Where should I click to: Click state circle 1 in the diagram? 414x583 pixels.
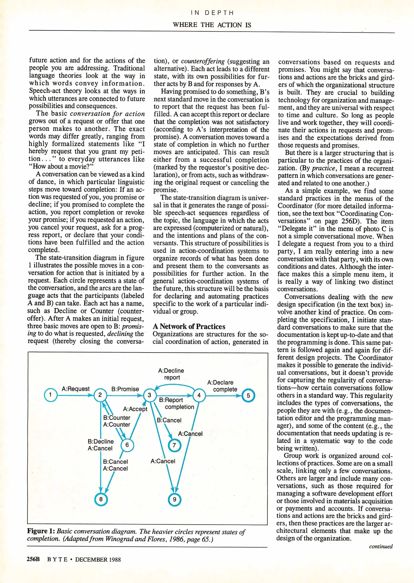50,395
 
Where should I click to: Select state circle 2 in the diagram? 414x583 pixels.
100,395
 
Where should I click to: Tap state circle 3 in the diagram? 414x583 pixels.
149,395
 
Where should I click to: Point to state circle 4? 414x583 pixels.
199,396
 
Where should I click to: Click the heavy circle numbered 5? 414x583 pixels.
248,396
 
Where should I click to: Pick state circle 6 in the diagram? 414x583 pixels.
127,445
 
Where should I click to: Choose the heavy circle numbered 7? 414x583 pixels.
174,445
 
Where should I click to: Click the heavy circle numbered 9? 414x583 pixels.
175,500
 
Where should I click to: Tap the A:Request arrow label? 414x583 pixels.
76,389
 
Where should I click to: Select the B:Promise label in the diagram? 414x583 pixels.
125,389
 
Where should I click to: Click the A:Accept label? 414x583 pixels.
135,409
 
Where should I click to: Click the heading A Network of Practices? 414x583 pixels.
189,326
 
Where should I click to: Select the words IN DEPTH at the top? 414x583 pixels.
212,13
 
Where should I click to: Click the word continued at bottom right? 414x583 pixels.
381,546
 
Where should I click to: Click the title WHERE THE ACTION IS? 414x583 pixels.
212,25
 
